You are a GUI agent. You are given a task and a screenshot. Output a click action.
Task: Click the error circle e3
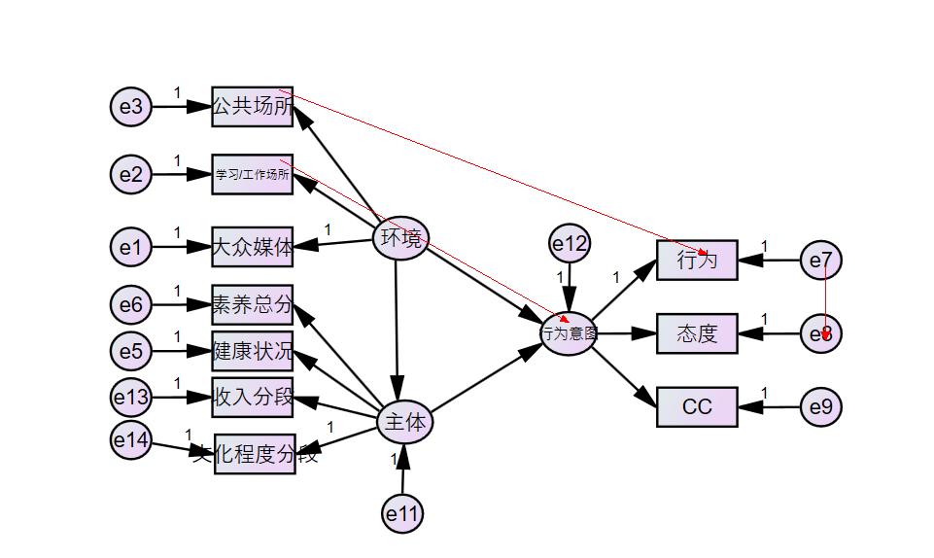[x=131, y=106]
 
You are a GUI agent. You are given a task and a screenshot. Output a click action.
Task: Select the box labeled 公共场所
[x=253, y=106]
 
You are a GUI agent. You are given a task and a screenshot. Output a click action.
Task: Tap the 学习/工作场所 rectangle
[x=253, y=175]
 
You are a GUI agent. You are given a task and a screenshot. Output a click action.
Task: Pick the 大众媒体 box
[x=253, y=248]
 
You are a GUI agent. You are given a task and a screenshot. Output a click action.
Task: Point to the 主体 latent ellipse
[x=404, y=423]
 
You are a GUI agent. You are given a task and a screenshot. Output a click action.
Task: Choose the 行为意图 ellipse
[x=569, y=333]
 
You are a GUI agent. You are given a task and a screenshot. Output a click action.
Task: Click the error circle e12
[x=570, y=245]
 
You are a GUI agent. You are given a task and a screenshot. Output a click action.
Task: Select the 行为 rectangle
[x=697, y=261]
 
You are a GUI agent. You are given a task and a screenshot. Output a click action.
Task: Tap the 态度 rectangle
[x=697, y=334]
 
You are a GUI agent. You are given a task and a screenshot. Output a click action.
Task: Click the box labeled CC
[x=697, y=407]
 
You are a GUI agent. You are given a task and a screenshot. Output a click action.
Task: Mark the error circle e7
[x=821, y=261]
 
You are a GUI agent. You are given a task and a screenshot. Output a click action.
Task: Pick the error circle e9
[x=821, y=407]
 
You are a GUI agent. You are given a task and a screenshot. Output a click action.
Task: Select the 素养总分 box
[x=253, y=305]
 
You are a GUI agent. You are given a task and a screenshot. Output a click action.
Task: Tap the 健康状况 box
[x=253, y=351]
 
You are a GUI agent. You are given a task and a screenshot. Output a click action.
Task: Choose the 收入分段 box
[x=253, y=398]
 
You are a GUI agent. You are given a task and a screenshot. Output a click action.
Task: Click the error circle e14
[x=131, y=441]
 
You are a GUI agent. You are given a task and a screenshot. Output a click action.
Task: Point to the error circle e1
[x=131, y=248]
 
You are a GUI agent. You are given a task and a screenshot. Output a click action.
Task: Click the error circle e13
[x=131, y=397]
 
